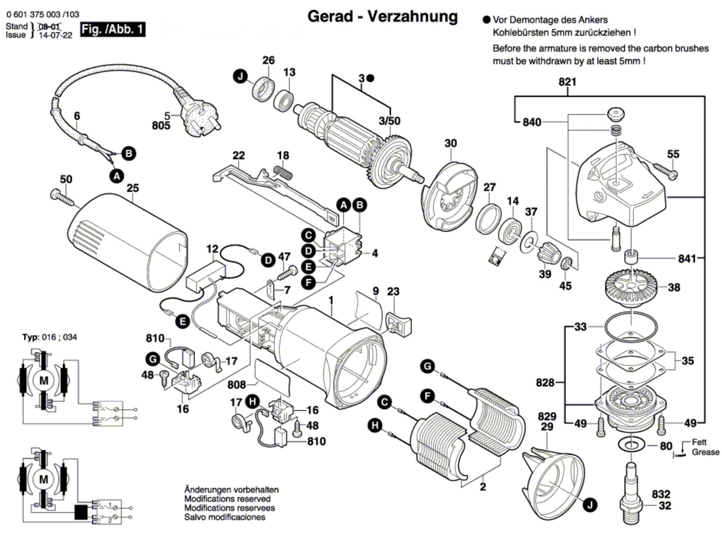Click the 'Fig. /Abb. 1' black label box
pos(112,30)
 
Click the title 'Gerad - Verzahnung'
pos(382,17)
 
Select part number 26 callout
pos(268,60)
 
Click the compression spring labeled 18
pos(283,172)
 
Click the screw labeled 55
pos(663,173)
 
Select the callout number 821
pos(567,82)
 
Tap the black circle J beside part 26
pos(241,77)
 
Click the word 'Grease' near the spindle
pos(706,452)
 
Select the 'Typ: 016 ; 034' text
pos(50,337)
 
